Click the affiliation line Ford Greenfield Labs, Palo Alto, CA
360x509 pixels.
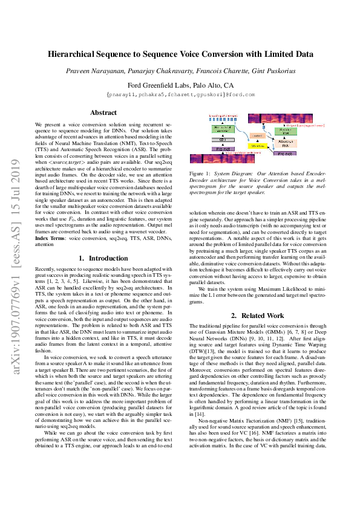click(x=180, y=85)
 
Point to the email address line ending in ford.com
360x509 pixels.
click(x=180, y=94)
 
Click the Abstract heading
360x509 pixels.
click(x=103, y=112)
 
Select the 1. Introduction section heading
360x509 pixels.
click(x=103, y=258)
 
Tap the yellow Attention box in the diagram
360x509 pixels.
click(x=257, y=146)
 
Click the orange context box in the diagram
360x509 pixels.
click(x=256, y=135)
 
